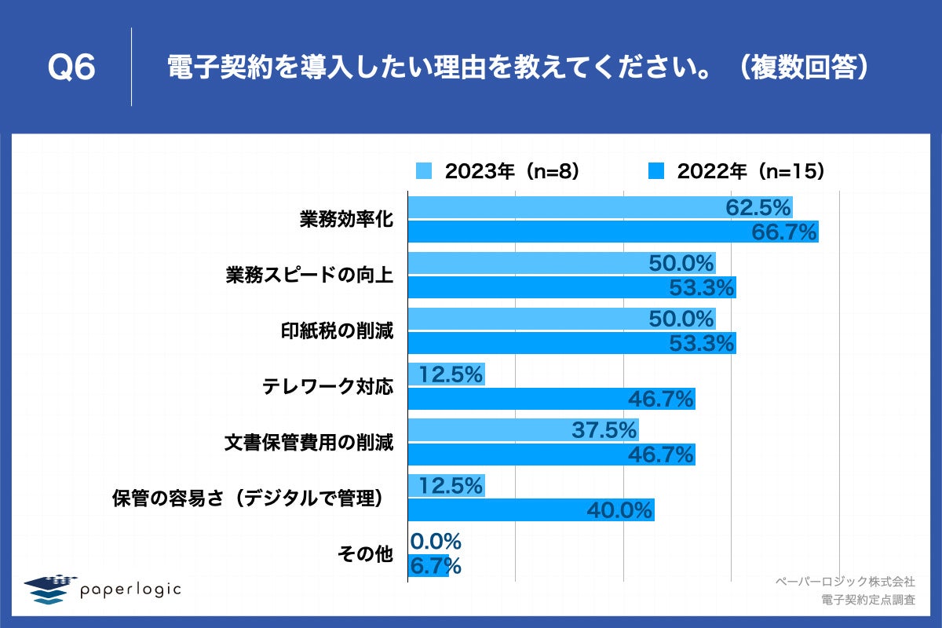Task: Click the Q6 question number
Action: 71,68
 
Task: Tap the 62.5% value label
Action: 757,207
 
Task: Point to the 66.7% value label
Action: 784,232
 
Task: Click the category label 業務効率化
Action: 346,220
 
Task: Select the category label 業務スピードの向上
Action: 309,276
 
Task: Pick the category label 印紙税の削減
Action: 337,331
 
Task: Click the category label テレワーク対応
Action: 327,387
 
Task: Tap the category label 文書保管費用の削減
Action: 309,443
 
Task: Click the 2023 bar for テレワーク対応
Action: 446,374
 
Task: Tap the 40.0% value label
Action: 619,510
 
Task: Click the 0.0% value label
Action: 436,542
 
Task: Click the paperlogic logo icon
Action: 49,590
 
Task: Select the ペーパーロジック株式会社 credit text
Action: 845,582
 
